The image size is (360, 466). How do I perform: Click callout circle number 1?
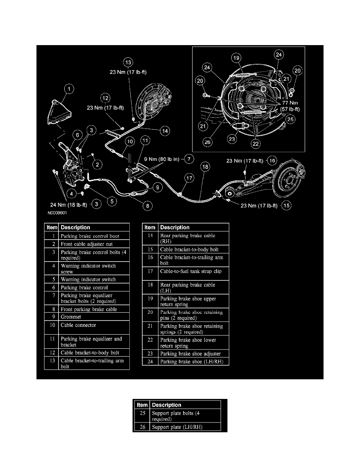click(x=69, y=90)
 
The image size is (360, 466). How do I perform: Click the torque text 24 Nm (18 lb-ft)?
click(x=69, y=204)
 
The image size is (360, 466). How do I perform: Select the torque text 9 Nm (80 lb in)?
click(x=162, y=159)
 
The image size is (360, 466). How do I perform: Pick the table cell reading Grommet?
click(x=94, y=317)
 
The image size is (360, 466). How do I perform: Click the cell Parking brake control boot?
click(x=94, y=236)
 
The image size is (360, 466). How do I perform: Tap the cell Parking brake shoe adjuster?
click(x=193, y=354)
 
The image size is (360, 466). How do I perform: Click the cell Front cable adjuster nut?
click(x=94, y=244)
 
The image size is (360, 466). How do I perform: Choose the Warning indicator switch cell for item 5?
click(x=94, y=280)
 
